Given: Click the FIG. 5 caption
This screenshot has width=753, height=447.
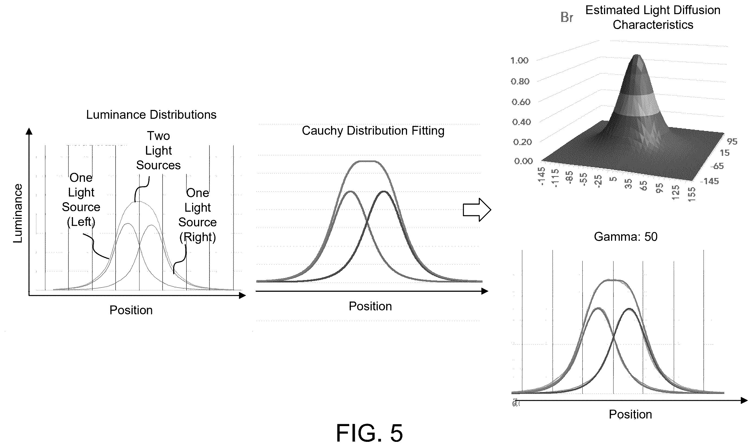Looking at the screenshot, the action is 369,433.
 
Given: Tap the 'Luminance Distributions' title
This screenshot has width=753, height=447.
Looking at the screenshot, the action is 151,115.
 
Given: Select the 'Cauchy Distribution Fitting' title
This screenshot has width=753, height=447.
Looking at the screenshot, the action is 373,131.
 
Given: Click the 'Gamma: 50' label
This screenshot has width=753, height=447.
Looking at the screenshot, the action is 626,237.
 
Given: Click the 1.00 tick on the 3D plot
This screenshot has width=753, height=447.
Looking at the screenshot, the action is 519,61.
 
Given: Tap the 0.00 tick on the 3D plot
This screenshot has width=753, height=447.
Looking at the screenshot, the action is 523,161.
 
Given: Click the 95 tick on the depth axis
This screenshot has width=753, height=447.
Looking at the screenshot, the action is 732,141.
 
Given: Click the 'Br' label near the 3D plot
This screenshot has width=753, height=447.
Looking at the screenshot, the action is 567,17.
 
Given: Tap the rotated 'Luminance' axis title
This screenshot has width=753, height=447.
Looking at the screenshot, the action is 18,213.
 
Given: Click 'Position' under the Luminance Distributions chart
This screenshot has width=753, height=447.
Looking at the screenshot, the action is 131,310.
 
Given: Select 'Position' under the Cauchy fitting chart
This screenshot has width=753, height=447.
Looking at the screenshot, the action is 370,306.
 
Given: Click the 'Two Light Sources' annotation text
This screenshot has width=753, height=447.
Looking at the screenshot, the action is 158,151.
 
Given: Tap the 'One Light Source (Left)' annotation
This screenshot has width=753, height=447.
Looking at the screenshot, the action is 81,200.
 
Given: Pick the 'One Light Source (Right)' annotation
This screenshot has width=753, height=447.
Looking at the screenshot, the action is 198,215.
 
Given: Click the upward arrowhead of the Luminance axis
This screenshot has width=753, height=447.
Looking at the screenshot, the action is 29,131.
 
